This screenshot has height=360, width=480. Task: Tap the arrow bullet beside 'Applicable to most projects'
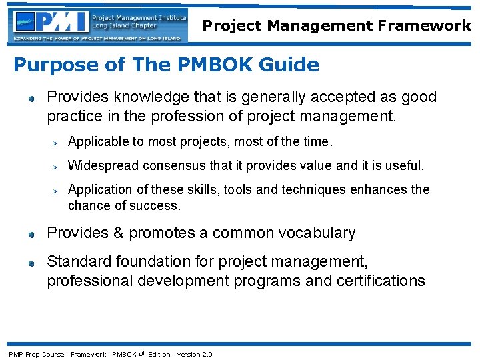coord(57,143)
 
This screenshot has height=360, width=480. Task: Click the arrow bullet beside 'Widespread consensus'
coord(57,167)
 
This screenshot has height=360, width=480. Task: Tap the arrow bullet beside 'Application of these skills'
coord(57,191)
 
